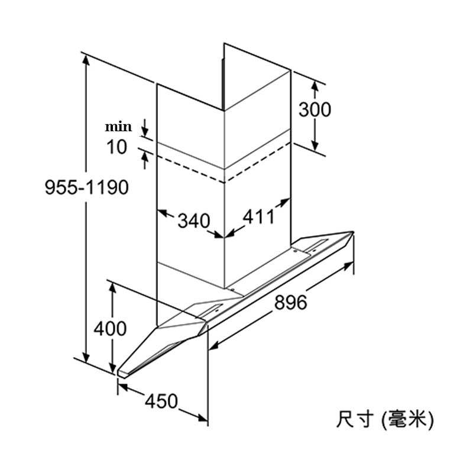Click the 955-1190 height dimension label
(x=86, y=187)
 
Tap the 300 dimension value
(x=314, y=109)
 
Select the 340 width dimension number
(x=193, y=221)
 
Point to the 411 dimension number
(x=259, y=217)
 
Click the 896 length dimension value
(x=290, y=302)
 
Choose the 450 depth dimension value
(x=161, y=401)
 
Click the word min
(x=118, y=127)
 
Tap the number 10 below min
(x=117, y=147)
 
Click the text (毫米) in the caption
(x=409, y=420)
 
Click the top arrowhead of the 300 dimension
(x=316, y=86)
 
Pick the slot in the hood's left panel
(x=212, y=308)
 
